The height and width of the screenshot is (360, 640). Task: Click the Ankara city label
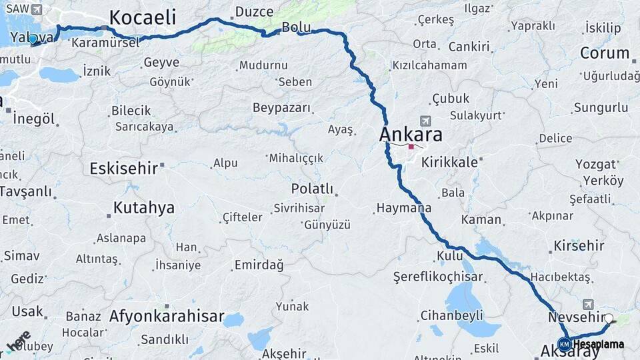pyautogui.click(x=411, y=134)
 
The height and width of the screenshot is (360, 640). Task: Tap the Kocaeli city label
pyautogui.click(x=142, y=17)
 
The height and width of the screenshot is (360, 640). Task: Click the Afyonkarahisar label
pyautogui.click(x=166, y=316)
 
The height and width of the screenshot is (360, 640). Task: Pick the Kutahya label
pyautogui.click(x=144, y=207)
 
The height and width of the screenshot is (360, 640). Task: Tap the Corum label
pyautogui.click(x=604, y=53)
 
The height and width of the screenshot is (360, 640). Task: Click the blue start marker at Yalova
pyautogui.click(x=33, y=39)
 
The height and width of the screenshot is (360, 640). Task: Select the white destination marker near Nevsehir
pyautogui.click(x=609, y=318)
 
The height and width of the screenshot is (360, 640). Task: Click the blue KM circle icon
pyautogui.click(x=565, y=344)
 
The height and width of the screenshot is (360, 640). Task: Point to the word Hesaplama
pyautogui.click(x=599, y=345)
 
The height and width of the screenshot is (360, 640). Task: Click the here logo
pyautogui.click(x=17, y=340)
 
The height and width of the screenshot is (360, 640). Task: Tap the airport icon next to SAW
pyautogui.click(x=35, y=9)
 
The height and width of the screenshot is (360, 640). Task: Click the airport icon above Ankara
pyautogui.click(x=425, y=121)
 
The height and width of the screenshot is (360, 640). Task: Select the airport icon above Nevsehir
pyautogui.click(x=587, y=304)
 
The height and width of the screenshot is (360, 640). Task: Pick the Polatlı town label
pyautogui.click(x=312, y=189)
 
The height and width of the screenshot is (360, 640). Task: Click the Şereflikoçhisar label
pyautogui.click(x=437, y=275)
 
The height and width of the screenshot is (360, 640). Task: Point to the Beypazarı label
pyautogui.click(x=282, y=107)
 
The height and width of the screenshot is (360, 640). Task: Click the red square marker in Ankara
pyautogui.click(x=411, y=147)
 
